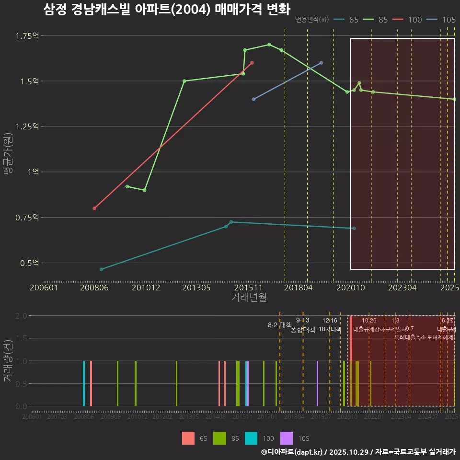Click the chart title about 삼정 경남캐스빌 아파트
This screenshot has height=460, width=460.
click(x=166, y=10)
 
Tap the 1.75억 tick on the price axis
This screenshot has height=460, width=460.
click(x=27, y=36)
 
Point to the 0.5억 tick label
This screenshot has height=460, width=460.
click(x=29, y=263)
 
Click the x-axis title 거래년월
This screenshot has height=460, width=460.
click(x=249, y=297)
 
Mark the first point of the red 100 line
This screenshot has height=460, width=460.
click(x=94, y=208)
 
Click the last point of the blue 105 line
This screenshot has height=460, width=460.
click(x=321, y=63)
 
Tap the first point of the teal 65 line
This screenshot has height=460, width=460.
click(x=101, y=269)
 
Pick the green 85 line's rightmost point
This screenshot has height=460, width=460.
click(x=454, y=99)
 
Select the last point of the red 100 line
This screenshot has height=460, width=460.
click(x=252, y=63)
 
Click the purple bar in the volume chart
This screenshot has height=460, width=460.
click(x=317, y=383)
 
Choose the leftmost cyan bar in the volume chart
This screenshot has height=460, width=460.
click(x=84, y=383)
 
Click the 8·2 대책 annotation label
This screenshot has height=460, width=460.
click(x=279, y=325)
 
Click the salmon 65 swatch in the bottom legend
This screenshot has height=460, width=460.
click(x=188, y=438)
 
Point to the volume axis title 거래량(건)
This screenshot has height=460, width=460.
click(x=8, y=360)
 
